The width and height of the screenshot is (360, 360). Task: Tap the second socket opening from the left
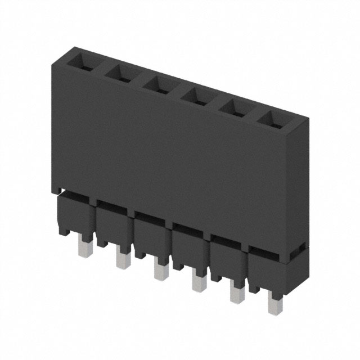(119, 71)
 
